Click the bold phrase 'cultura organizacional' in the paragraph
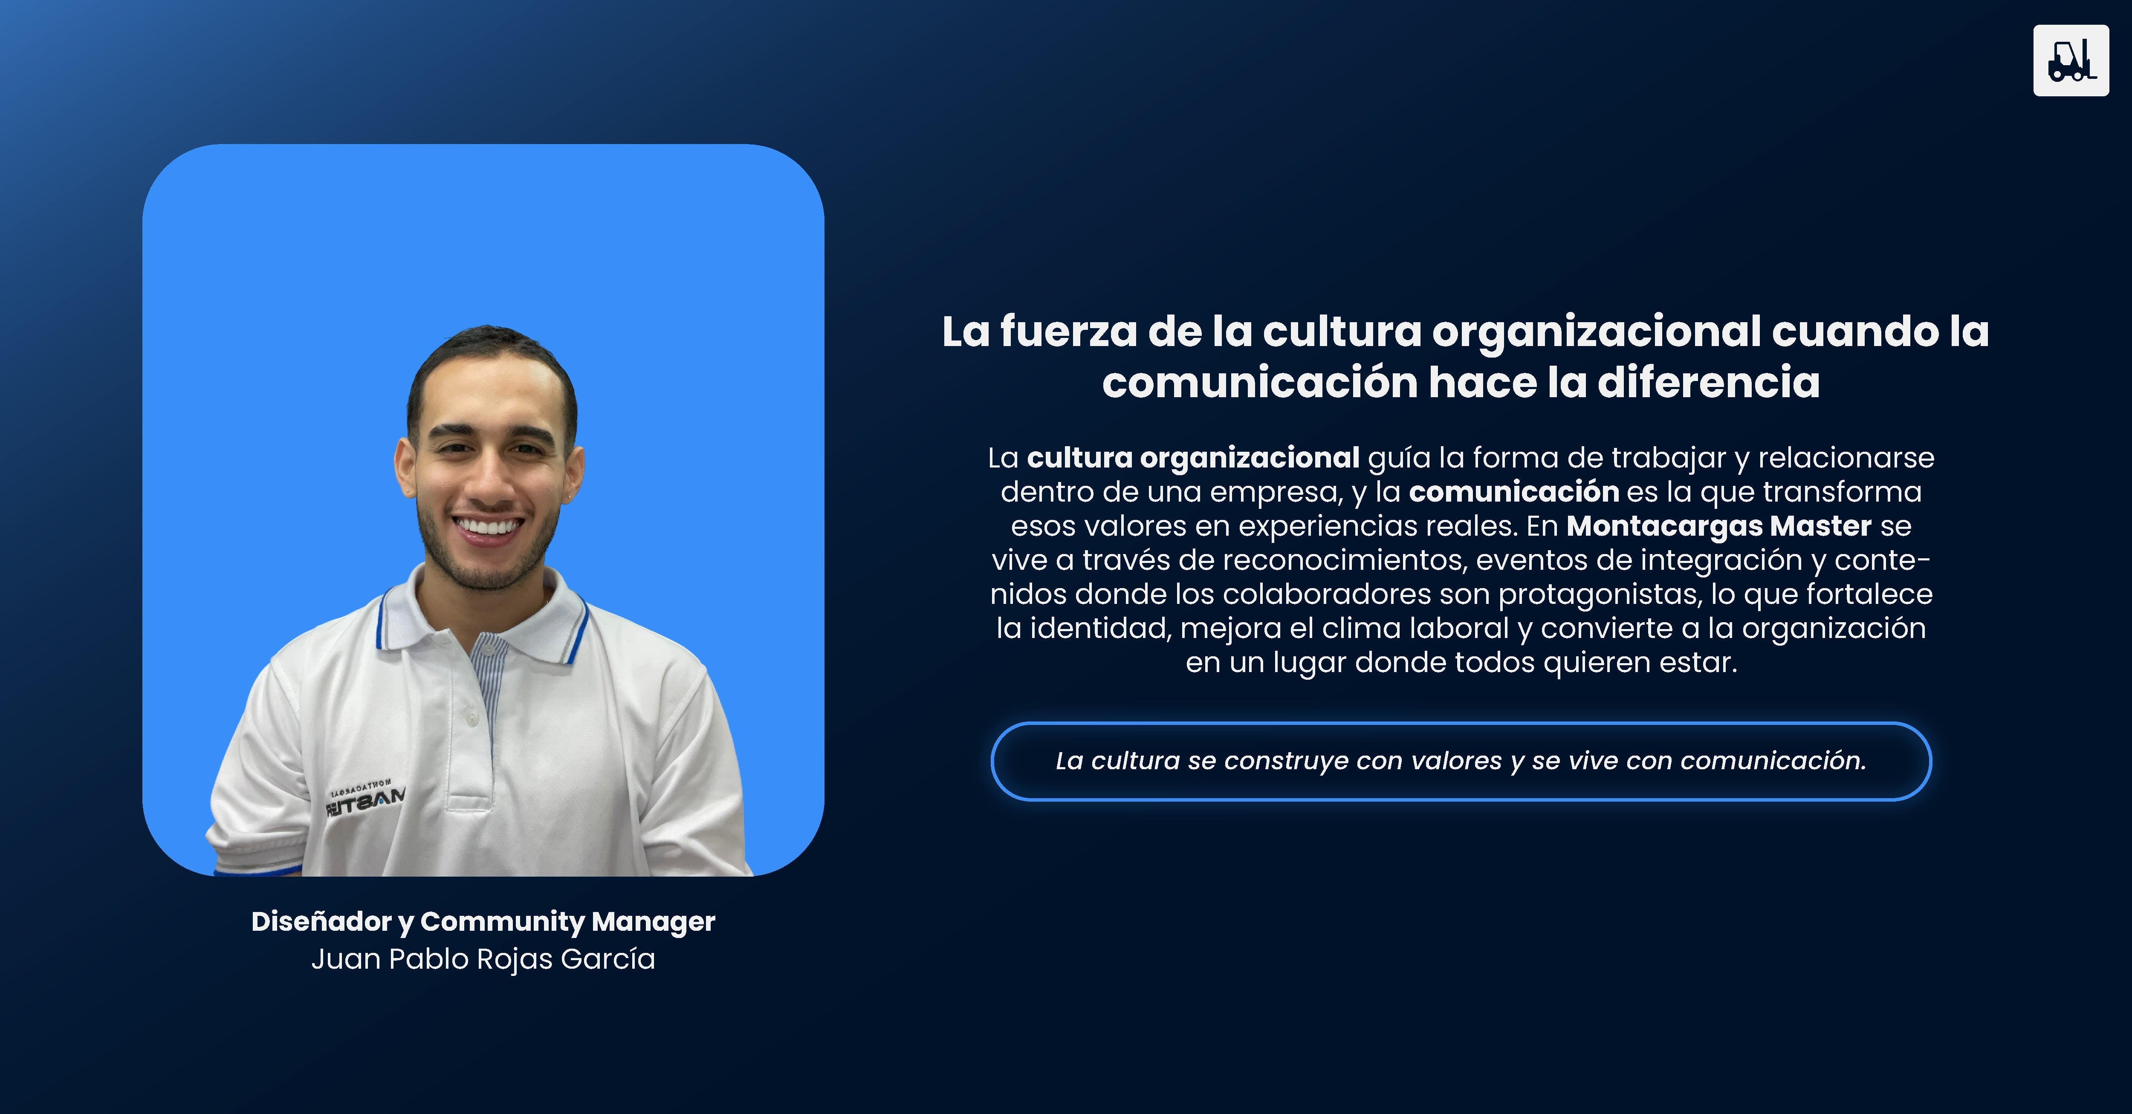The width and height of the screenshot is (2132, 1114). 1193,459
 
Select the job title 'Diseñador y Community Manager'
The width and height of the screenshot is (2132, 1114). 483,922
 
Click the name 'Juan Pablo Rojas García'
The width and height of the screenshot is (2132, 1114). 483,959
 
